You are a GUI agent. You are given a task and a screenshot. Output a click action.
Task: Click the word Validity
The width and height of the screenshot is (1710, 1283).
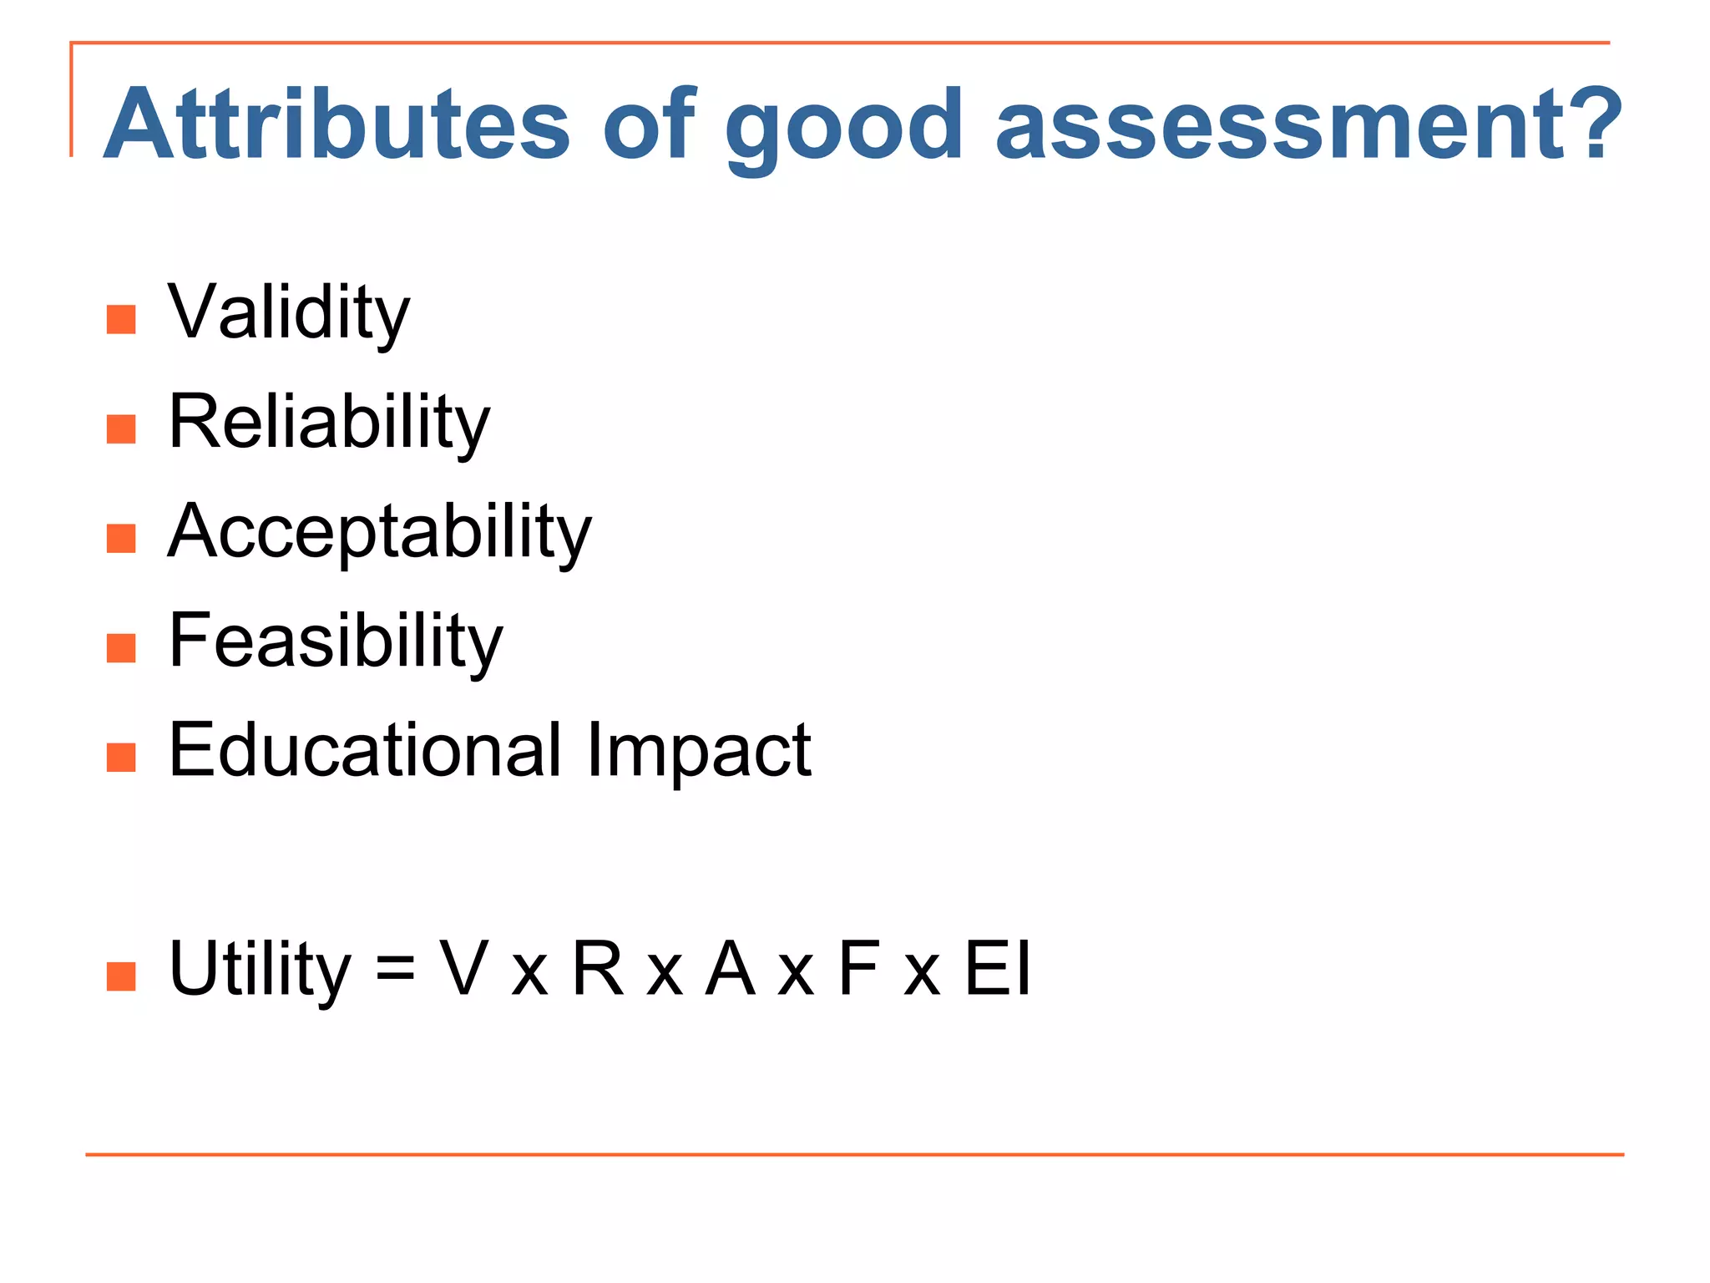click(x=288, y=312)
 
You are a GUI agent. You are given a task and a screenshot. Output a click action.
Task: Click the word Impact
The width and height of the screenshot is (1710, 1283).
click(x=699, y=749)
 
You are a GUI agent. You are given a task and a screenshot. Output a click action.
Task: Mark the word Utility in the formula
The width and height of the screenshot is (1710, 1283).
click(x=260, y=969)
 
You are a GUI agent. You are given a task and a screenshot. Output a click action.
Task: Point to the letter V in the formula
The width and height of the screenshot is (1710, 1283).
click(x=464, y=969)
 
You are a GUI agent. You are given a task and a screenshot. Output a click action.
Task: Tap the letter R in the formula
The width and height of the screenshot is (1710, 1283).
click(x=598, y=969)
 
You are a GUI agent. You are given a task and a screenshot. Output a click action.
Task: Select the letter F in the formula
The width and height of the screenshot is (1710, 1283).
click(x=858, y=969)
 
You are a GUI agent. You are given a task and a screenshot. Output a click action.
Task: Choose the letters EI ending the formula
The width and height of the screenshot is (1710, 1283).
click(x=999, y=969)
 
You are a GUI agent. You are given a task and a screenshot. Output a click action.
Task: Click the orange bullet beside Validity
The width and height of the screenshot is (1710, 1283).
click(x=121, y=319)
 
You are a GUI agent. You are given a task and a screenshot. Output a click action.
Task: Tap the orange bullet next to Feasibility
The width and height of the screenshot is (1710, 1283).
click(x=121, y=647)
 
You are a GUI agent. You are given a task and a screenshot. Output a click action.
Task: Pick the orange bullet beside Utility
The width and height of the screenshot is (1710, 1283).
click(x=121, y=976)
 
